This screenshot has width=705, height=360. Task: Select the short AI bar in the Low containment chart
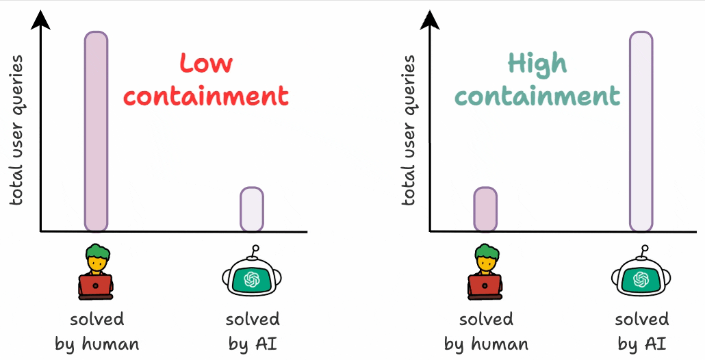point(251,209)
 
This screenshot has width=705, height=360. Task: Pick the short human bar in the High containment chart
point(485,209)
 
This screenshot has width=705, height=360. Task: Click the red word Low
point(206,64)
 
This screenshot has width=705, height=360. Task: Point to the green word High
point(537,64)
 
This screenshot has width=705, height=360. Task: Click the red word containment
point(206,96)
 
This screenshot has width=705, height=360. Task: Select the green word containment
point(537,96)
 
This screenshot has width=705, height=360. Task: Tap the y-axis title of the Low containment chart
point(16,130)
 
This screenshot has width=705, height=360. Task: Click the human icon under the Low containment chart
point(97,272)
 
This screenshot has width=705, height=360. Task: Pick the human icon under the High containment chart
point(485,272)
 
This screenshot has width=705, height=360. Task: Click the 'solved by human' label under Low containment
point(97,331)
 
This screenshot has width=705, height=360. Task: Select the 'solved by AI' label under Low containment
point(253,331)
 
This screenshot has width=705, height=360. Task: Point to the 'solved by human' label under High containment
point(486,331)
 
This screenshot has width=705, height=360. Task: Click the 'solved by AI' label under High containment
point(641,331)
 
